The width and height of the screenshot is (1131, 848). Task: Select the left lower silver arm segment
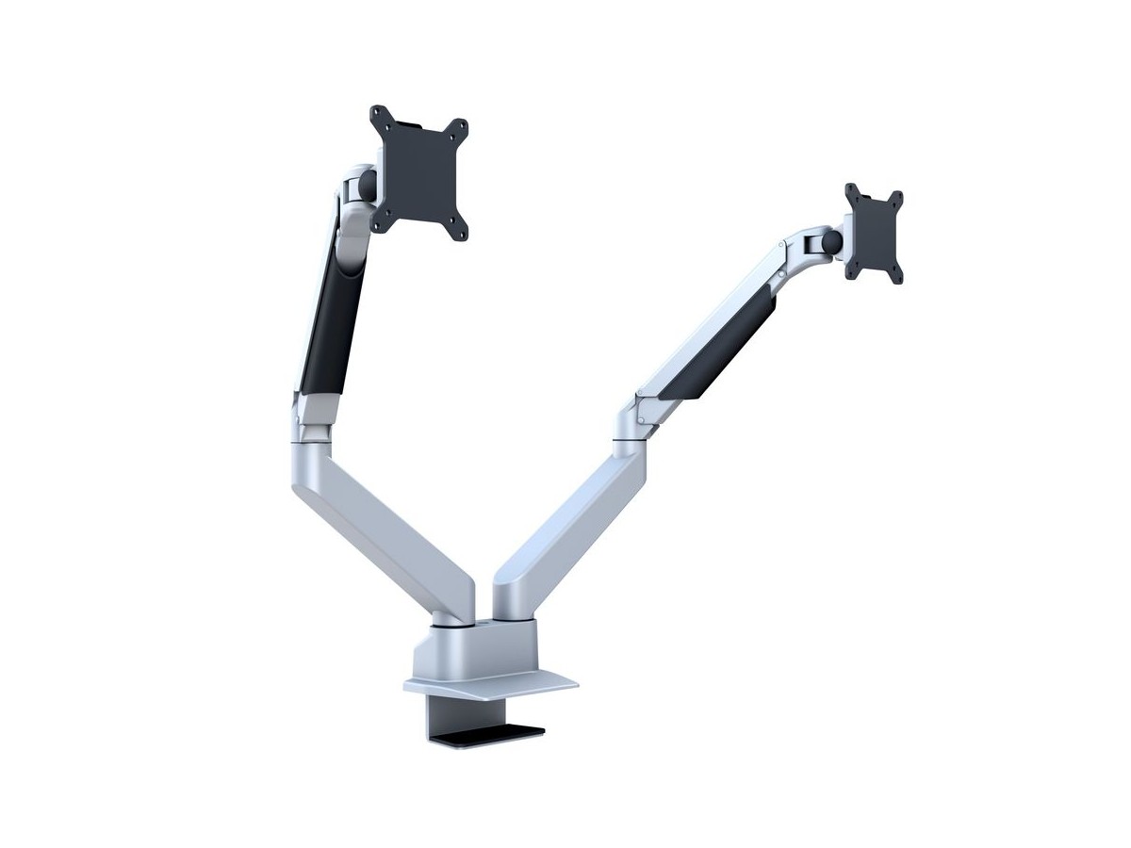[386, 528]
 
